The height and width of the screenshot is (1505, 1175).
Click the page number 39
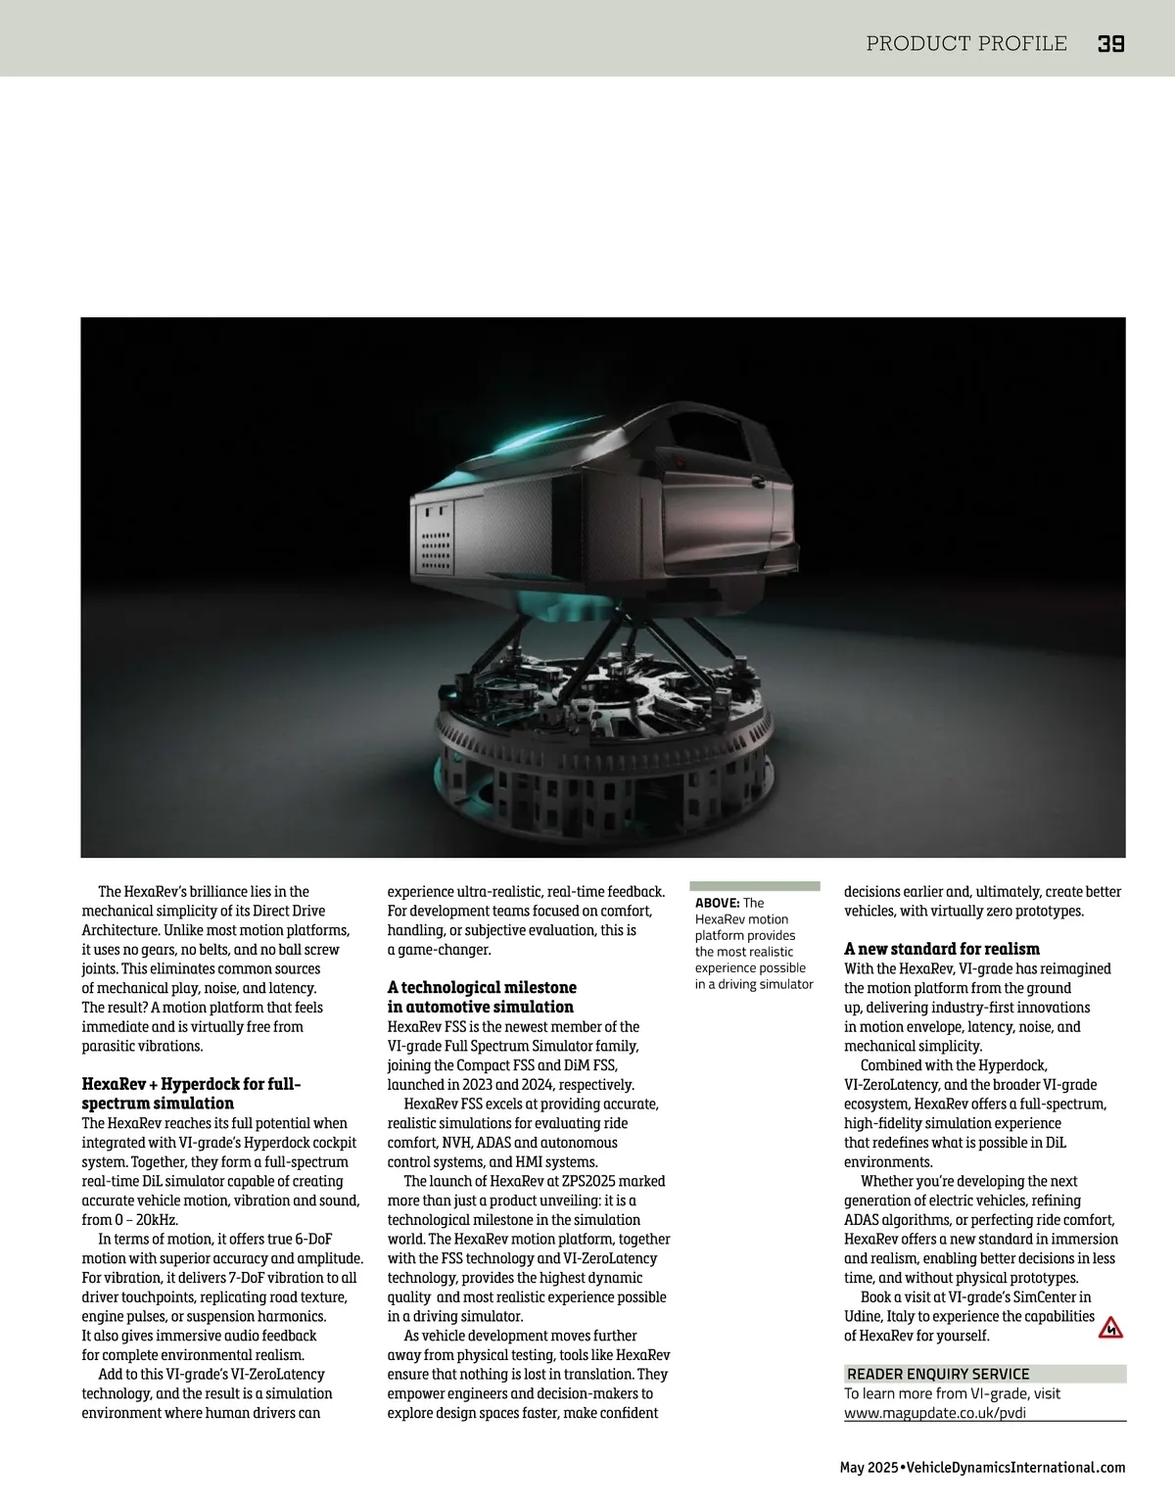pos(1110,43)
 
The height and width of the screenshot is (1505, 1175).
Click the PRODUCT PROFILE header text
pos(966,43)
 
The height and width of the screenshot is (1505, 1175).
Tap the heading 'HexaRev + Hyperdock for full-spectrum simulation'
pos(191,1094)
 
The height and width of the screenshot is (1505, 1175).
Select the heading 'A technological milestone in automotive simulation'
pos(482,997)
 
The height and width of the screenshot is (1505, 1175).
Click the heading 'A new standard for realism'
pos(942,949)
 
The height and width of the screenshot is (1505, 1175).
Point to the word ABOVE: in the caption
pos(718,903)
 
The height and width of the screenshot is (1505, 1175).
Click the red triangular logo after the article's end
pos(1110,1329)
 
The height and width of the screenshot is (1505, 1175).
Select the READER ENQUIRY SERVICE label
pos(938,1374)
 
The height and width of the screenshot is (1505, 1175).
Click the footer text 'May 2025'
pos(869,1467)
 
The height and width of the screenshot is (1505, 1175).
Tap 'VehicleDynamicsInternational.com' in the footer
pos(1016,1467)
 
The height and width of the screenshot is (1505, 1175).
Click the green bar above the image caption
pos(755,885)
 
